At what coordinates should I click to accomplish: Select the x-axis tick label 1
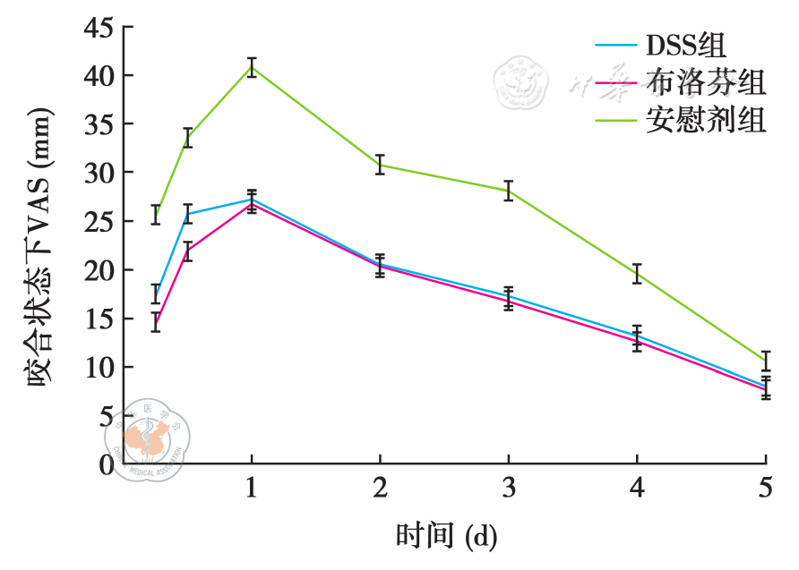[x=252, y=489]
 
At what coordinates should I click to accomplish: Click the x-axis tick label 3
[x=509, y=489]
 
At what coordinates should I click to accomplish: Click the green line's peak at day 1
[x=252, y=67]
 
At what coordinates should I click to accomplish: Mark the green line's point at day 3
[x=509, y=190]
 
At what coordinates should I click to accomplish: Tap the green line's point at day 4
[x=637, y=273]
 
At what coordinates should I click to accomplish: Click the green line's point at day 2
[x=380, y=165]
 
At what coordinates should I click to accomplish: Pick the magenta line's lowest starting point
[x=156, y=322]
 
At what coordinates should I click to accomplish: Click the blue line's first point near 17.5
[x=156, y=294]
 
